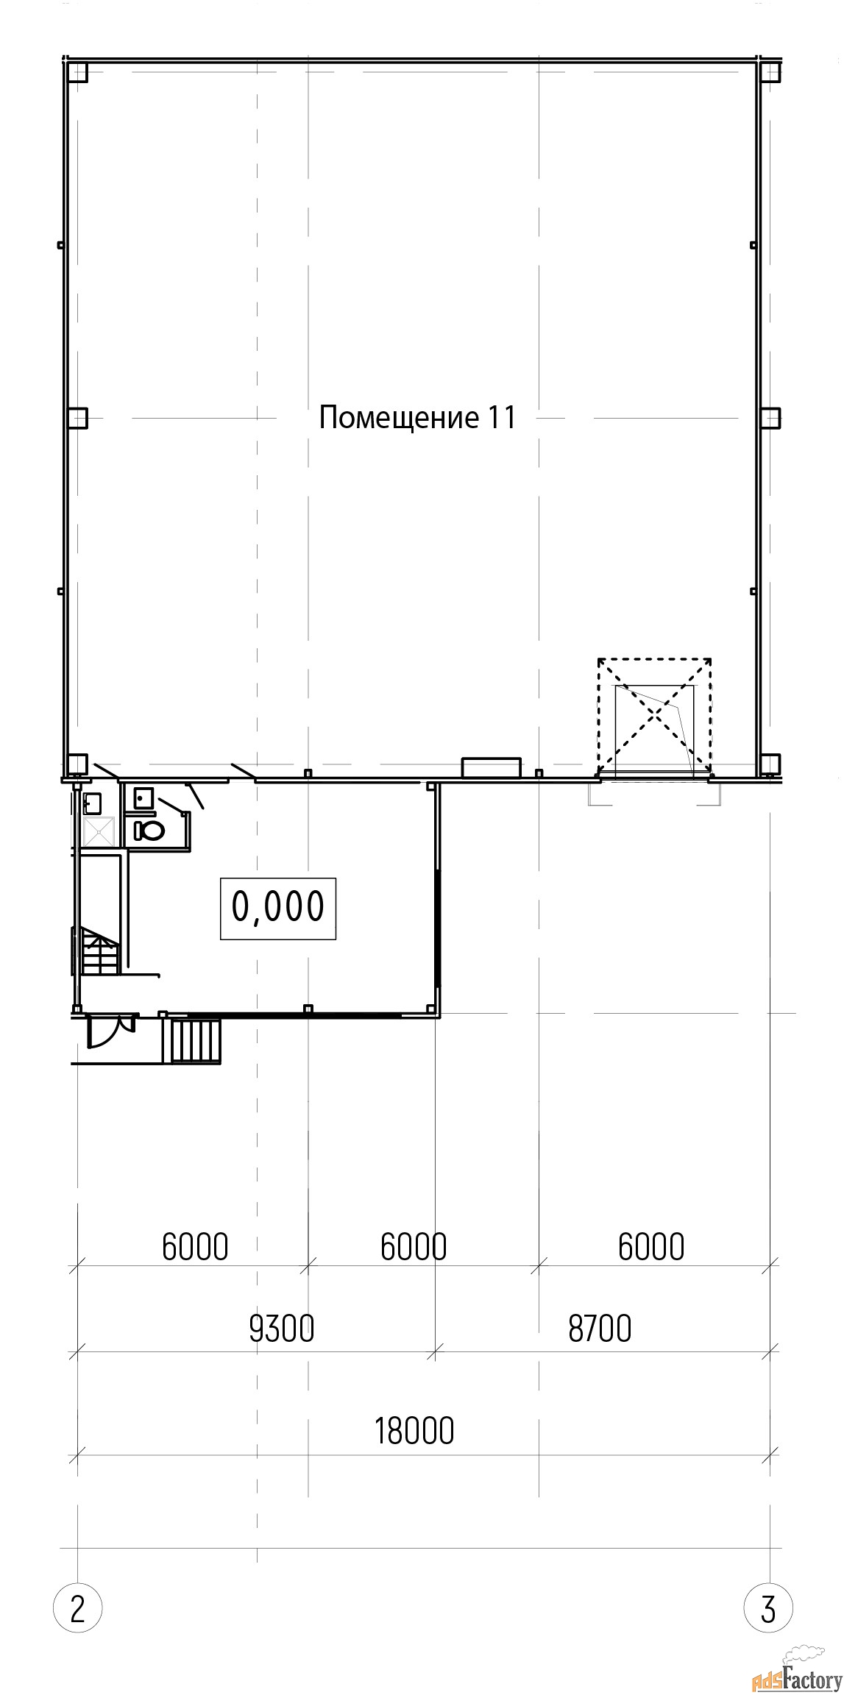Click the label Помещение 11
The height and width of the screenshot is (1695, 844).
[417, 418]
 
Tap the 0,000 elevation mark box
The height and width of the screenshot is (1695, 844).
[278, 908]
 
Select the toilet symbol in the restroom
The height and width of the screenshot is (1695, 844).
[150, 831]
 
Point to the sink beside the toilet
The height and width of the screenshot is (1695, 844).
[143, 797]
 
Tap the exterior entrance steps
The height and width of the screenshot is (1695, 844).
[196, 1040]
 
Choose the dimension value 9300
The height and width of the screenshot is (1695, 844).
[282, 1329]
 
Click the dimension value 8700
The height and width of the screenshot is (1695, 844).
[600, 1329]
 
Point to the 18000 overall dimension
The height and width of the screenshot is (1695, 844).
[414, 1431]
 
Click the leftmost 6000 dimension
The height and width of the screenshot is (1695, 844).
[195, 1246]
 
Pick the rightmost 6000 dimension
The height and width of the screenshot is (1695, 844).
[651, 1246]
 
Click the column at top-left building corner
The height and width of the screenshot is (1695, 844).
[77, 72]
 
